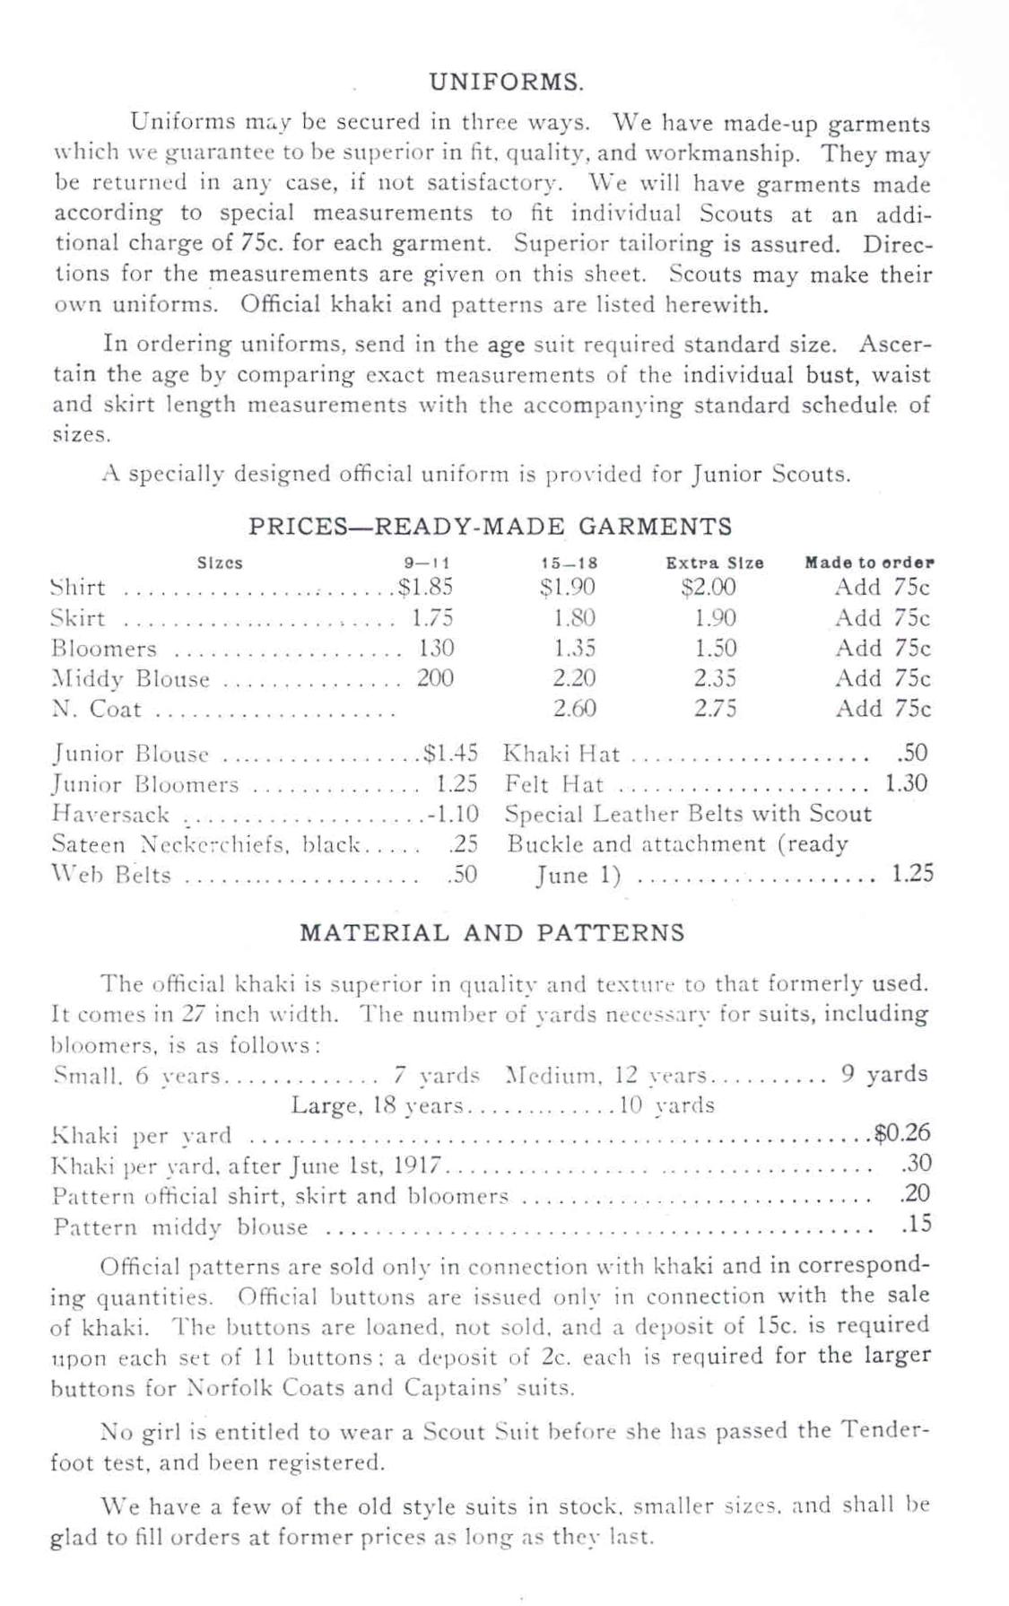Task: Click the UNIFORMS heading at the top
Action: (x=507, y=83)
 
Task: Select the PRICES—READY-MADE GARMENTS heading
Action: (x=490, y=526)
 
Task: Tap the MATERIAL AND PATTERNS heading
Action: (x=491, y=933)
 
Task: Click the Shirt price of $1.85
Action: (x=426, y=588)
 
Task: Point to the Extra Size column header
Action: (x=714, y=563)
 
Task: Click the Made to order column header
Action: (x=869, y=563)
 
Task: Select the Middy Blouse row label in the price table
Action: (x=130, y=679)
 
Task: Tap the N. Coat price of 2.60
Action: (x=574, y=709)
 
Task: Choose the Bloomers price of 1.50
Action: (x=715, y=649)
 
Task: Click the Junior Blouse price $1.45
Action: (x=450, y=753)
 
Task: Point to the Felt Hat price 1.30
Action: (x=906, y=783)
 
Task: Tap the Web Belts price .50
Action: (x=462, y=875)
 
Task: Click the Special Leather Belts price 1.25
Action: (x=912, y=874)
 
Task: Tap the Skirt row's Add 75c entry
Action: (x=883, y=618)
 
